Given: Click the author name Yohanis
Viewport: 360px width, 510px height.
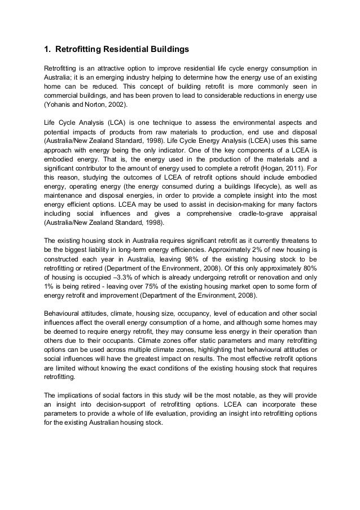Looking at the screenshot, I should (59, 105).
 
